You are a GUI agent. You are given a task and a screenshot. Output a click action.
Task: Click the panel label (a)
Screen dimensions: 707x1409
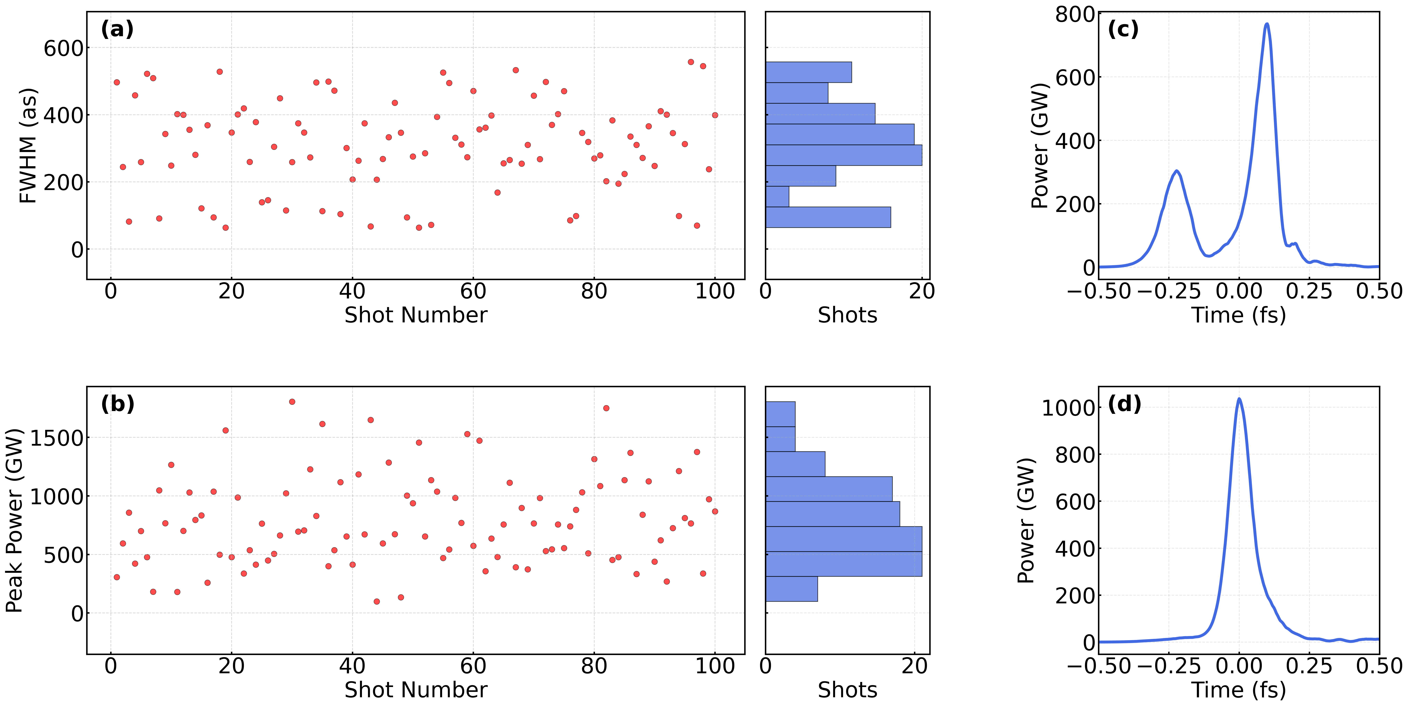(x=117, y=29)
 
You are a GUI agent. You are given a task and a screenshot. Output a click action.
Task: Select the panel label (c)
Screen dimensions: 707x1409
(x=1123, y=29)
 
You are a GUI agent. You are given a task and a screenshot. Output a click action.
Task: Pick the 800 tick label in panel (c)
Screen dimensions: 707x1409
(x=1075, y=15)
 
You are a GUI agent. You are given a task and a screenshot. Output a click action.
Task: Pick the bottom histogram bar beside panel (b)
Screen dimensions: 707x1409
(x=791, y=589)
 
